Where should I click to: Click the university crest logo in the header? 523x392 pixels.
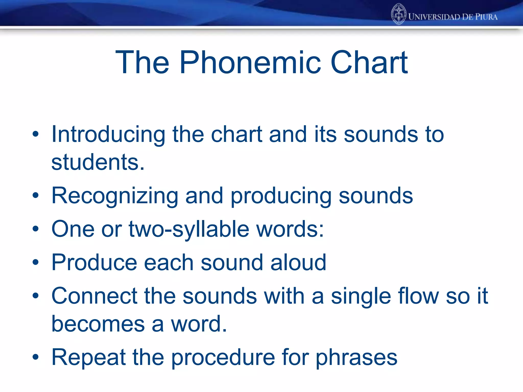tap(398, 14)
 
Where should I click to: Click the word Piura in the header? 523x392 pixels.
tap(486, 17)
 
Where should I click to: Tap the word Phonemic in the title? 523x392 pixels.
tap(250, 63)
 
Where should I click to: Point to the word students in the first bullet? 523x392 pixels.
tap(98, 162)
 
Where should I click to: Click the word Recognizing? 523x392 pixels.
tap(115, 196)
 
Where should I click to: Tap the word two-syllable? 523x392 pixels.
tap(189, 229)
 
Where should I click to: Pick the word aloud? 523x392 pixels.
tap(298, 263)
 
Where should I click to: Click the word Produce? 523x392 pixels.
tap(94, 263)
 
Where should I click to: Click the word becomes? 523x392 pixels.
tap(98, 324)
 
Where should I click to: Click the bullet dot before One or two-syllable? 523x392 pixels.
tap(35, 229)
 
